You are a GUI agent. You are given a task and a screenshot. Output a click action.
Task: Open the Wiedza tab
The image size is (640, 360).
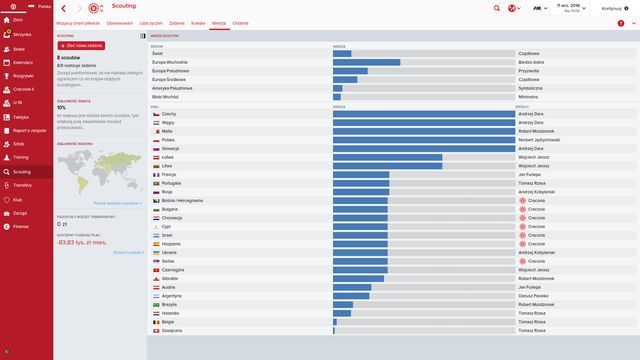pyautogui.click(x=219, y=21)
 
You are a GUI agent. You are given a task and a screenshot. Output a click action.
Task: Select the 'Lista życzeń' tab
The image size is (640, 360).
pyautogui.click(x=152, y=21)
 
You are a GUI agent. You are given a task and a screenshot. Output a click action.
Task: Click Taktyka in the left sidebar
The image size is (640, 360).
pyautogui.click(x=20, y=117)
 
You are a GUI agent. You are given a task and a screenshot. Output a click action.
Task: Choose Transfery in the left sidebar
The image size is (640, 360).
pyautogui.click(x=22, y=185)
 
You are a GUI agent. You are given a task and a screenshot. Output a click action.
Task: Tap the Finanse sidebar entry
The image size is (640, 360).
pyautogui.click(x=21, y=226)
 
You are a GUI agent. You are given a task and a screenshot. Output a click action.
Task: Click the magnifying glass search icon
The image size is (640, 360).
pyautogui.click(x=497, y=8)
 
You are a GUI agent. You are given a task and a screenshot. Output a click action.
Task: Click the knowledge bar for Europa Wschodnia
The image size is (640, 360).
pyautogui.click(x=367, y=62)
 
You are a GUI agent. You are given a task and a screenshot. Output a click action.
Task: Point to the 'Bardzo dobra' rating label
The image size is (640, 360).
pyautogui.click(x=532, y=62)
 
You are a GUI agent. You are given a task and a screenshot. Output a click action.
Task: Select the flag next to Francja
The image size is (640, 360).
pyautogui.click(x=155, y=174)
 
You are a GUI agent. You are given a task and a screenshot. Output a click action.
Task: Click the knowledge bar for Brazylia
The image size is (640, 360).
pyautogui.click(x=343, y=304)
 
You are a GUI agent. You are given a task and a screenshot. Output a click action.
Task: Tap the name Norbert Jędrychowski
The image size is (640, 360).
pyautogui.click(x=538, y=140)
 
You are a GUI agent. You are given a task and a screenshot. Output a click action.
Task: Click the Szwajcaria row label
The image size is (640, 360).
pyautogui.click(x=173, y=330)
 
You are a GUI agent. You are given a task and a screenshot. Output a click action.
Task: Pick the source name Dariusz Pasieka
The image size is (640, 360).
pyautogui.click(x=534, y=296)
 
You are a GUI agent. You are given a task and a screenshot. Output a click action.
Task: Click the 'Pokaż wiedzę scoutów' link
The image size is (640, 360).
pyautogui.click(x=120, y=202)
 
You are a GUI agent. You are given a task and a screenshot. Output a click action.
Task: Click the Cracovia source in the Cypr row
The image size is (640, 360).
pyautogui.click(x=533, y=226)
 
